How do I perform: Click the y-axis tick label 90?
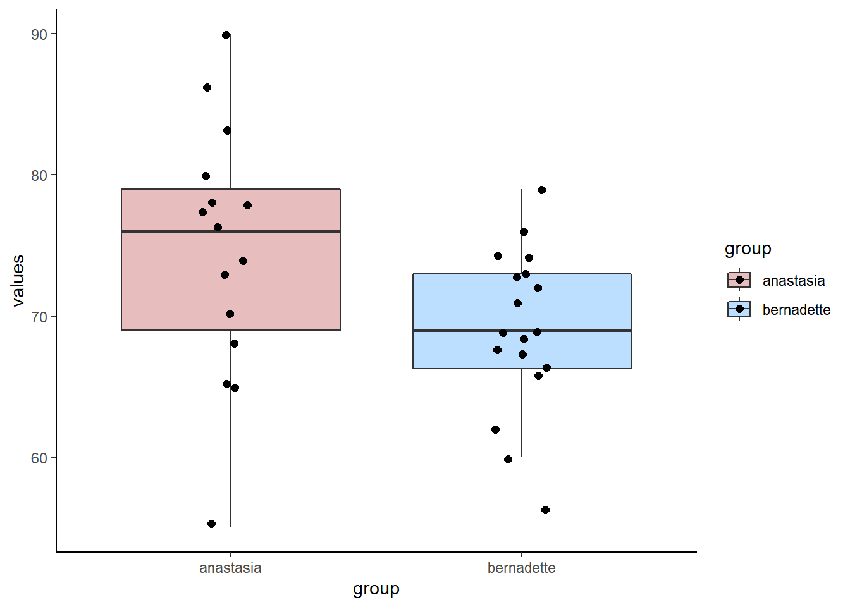point(39,34)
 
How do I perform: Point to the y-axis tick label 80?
point(39,175)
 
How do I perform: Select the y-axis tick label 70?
point(39,317)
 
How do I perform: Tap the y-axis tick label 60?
point(39,458)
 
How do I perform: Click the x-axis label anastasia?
point(230,568)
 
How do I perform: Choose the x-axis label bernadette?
point(521,568)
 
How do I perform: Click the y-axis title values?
point(18,280)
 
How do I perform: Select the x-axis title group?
point(376,589)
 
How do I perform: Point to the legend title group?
point(748,248)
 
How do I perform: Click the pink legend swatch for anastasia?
point(739,280)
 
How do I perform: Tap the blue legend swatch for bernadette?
point(739,309)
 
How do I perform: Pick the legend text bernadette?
point(796,310)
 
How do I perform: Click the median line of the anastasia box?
point(285,232)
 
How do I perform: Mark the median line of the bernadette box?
point(582,330)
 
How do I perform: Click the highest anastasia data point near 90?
point(226,35)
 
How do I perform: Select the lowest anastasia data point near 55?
point(211,524)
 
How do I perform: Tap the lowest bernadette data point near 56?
point(545,510)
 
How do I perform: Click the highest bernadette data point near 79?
point(541,190)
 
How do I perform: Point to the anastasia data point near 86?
point(207,87)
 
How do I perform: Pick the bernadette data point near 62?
point(495,429)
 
